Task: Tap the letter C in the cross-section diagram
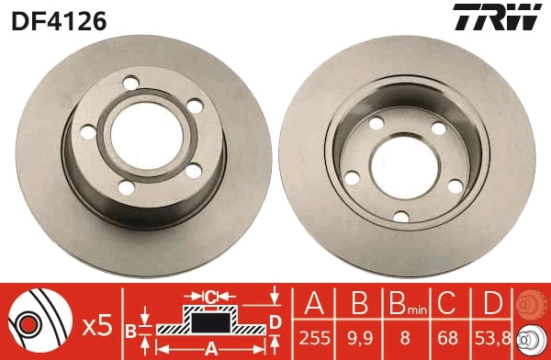point(210,296)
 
